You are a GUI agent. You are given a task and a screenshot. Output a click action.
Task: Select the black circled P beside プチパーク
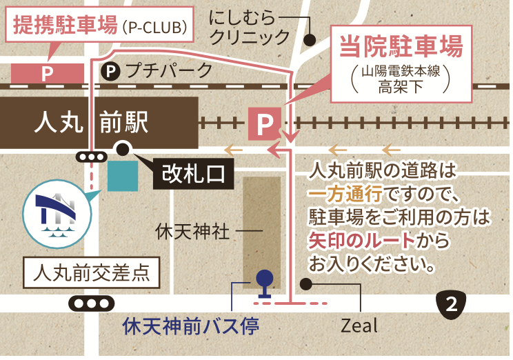tap(111, 70)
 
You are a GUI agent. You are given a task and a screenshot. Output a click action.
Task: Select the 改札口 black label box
tap(193, 173)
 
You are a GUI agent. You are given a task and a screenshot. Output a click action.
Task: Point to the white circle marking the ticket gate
tap(123, 148)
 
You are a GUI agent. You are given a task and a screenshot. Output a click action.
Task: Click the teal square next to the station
tap(123, 177)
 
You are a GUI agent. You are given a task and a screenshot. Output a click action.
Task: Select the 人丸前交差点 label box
tap(92, 273)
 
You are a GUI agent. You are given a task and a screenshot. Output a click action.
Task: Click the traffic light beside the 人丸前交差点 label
tap(91, 303)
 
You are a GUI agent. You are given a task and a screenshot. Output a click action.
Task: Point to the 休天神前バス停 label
tap(190, 326)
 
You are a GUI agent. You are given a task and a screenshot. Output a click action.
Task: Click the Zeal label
tap(360, 325)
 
